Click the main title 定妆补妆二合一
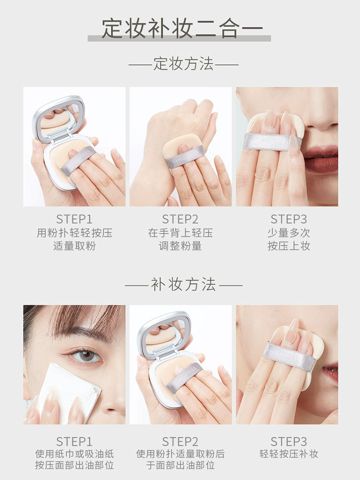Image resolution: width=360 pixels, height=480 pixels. click(x=182, y=29)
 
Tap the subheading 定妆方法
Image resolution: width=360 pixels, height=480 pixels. click(x=183, y=64)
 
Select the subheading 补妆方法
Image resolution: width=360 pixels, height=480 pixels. click(x=183, y=285)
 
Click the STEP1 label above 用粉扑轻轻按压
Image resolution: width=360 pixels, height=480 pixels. click(x=74, y=219)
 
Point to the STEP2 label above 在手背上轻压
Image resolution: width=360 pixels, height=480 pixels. click(x=180, y=219)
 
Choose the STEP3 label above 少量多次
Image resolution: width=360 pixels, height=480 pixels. click(x=288, y=219)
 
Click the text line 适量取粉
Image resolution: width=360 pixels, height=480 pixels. click(x=74, y=246)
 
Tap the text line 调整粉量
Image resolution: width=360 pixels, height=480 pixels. click(x=180, y=246)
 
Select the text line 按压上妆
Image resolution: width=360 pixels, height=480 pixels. click(x=289, y=246)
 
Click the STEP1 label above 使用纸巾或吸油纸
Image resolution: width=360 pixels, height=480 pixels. click(x=74, y=442)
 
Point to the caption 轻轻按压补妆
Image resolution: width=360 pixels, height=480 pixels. click(x=289, y=454)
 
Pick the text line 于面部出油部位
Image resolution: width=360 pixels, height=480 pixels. click(x=180, y=465)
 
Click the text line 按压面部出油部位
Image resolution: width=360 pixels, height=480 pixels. click(x=74, y=465)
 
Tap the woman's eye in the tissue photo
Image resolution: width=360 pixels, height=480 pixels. click(x=85, y=355)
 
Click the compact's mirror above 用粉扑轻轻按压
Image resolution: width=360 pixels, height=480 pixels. click(x=59, y=119)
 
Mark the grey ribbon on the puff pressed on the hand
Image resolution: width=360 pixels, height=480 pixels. click(x=185, y=157)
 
